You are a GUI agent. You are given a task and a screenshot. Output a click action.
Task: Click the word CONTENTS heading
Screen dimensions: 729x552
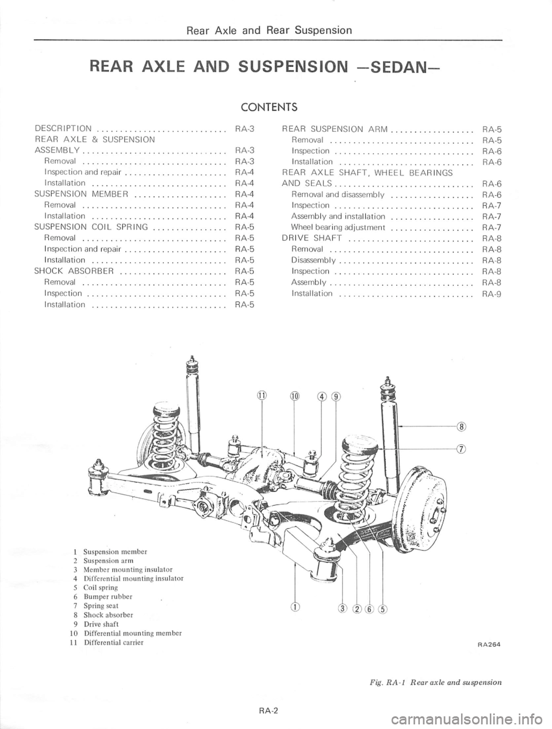(269, 106)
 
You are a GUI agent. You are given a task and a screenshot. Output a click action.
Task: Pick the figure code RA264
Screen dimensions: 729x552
(488, 645)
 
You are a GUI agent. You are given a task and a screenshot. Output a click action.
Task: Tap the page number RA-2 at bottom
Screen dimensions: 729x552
(269, 710)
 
